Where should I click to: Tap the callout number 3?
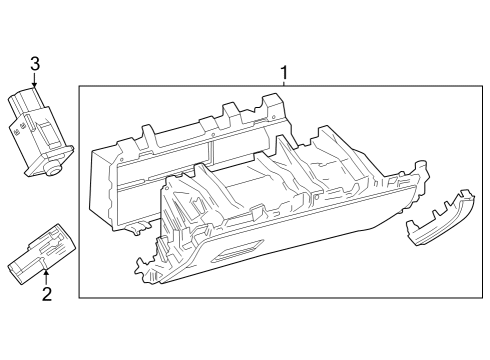pos(35,64)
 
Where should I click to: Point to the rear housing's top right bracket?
pos(270,106)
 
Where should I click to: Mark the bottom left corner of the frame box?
pos(80,297)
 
